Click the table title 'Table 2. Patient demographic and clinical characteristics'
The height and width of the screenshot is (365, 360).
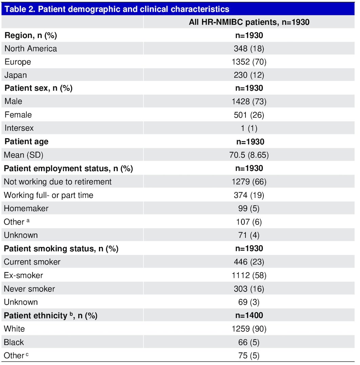click(117, 9)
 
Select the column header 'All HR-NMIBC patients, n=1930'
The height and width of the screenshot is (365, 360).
click(249, 22)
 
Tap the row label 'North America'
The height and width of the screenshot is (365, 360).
click(31, 48)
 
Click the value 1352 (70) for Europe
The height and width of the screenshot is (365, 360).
click(249, 62)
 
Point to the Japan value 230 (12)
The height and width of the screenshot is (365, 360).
click(249, 75)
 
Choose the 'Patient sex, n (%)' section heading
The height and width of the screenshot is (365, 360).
click(39, 88)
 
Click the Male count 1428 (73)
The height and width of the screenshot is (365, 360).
click(249, 101)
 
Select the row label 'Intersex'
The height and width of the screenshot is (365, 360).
click(19, 128)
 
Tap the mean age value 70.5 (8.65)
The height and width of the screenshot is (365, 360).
click(249, 155)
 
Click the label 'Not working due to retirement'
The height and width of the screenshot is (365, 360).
click(58, 182)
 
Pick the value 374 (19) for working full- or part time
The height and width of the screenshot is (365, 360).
click(249, 195)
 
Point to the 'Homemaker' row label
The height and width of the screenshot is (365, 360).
click(26, 208)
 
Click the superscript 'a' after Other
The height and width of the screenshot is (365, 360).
click(28, 220)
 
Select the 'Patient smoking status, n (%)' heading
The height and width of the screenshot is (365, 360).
click(61, 249)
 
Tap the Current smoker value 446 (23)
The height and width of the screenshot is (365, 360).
click(249, 262)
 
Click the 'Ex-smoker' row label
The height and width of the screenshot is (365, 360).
click(23, 276)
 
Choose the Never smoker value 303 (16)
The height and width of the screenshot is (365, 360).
click(249, 289)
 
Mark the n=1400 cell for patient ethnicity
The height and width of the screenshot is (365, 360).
click(249, 316)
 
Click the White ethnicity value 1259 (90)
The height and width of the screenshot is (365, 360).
click(249, 329)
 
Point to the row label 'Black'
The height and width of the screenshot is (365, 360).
click(14, 342)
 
